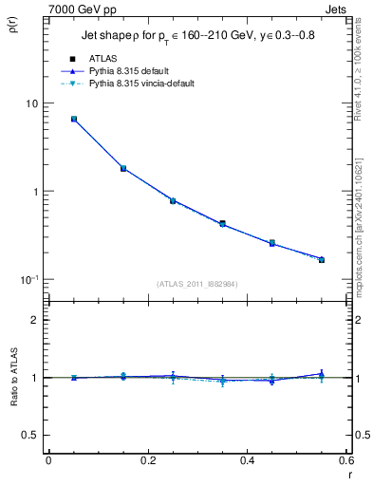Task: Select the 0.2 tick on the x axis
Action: pos(147,462)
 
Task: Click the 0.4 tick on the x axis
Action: pos(247,462)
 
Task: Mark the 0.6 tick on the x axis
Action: pos(345,462)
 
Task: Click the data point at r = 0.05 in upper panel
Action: pos(74,120)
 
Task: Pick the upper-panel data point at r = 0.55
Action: pos(322,259)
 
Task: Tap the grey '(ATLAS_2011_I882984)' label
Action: pos(197,285)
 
